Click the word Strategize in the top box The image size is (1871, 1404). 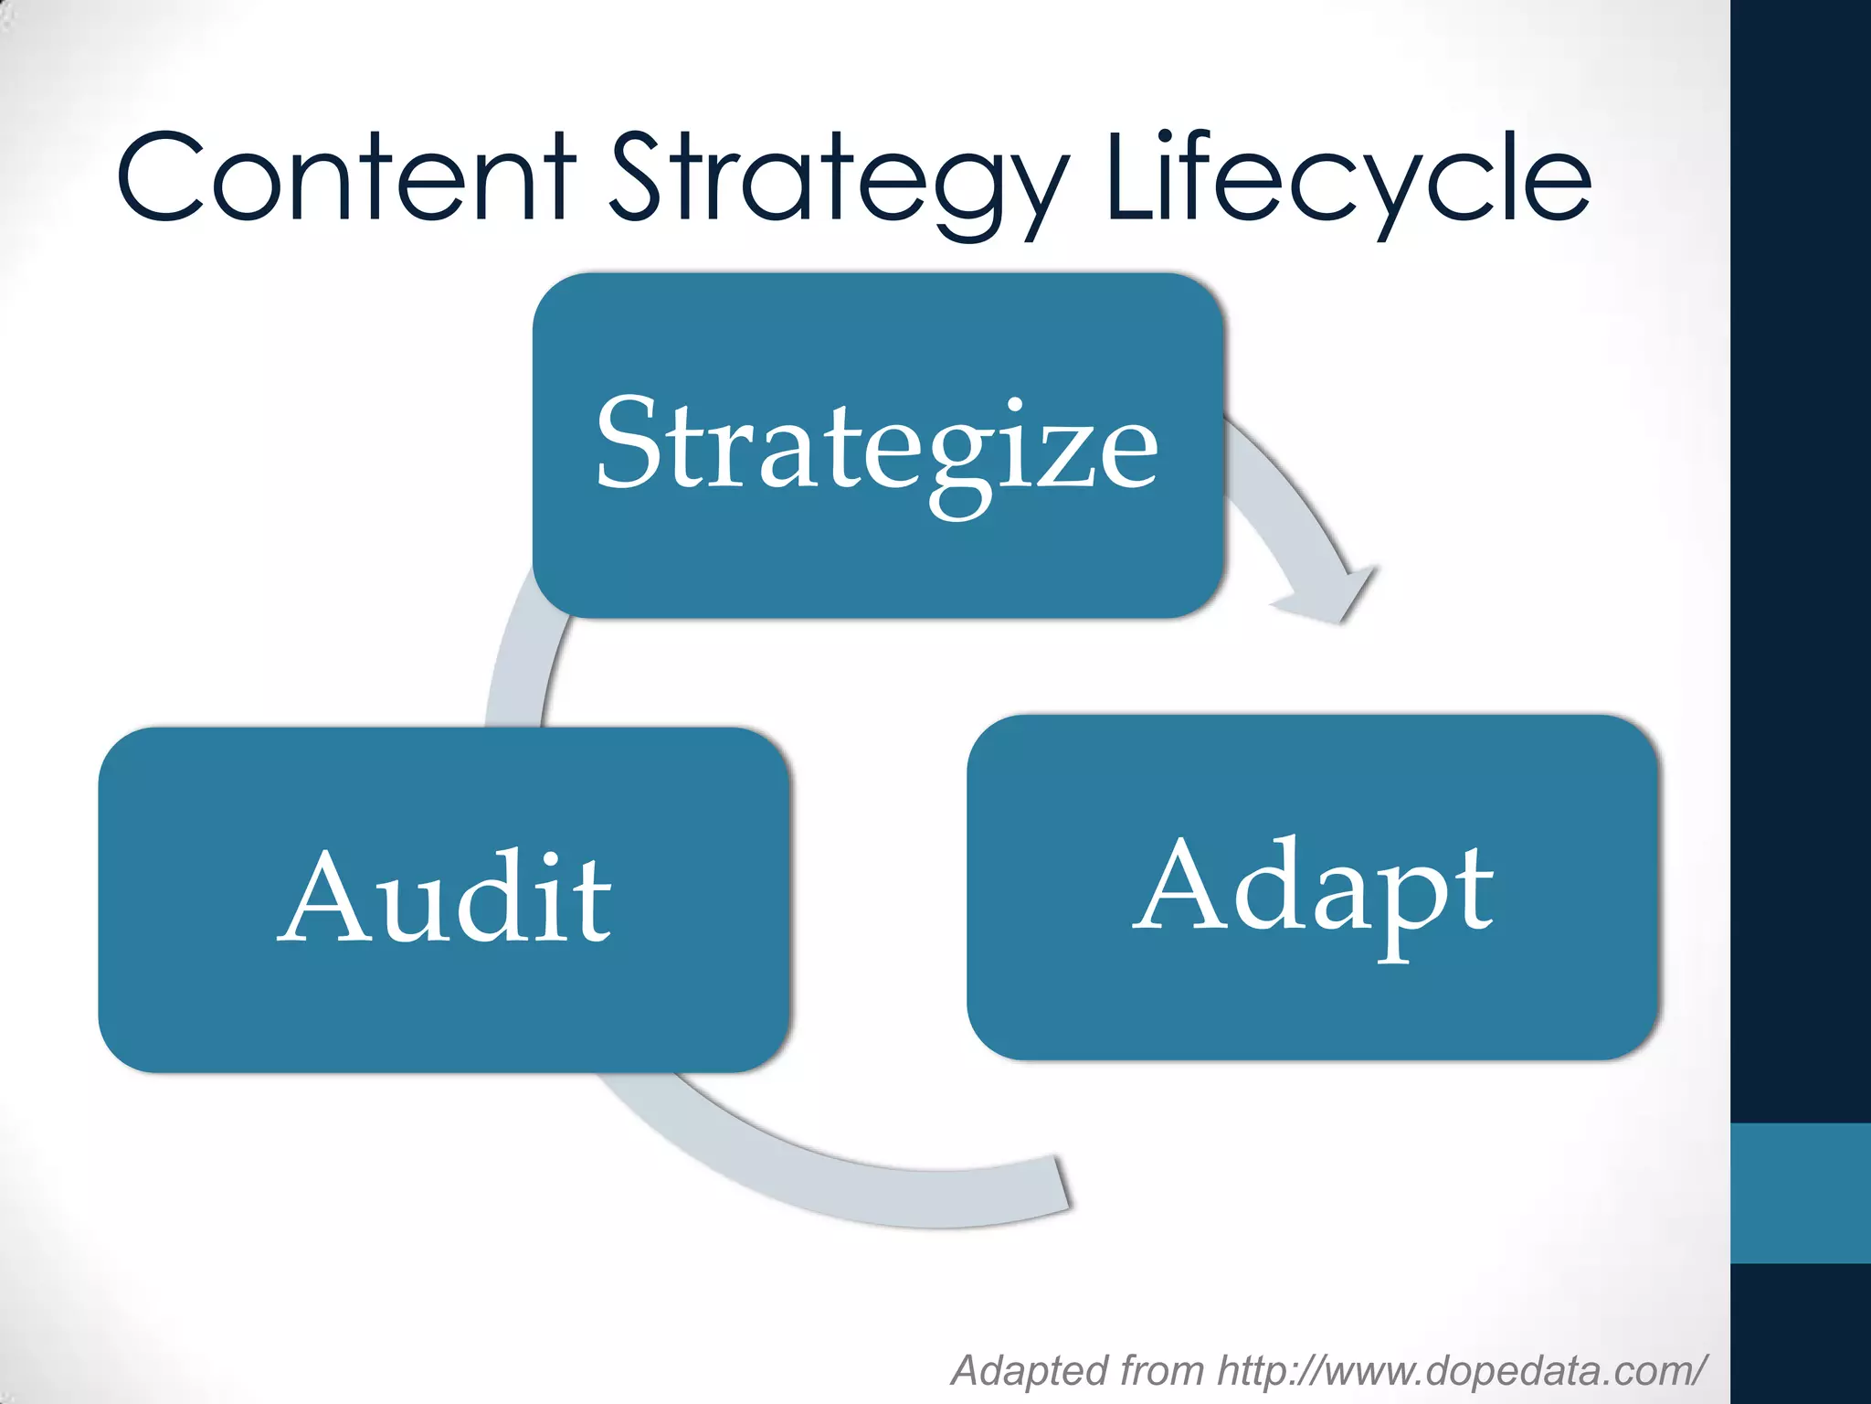coord(877,448)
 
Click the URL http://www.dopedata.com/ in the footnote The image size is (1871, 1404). coord(1462,1370)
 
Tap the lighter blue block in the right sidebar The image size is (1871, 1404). coord(1801,1193)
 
